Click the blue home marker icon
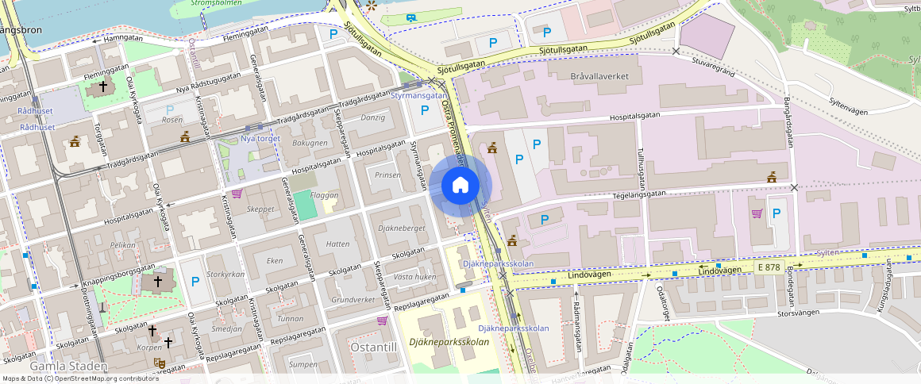point(460,186)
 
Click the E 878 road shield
point(769,268)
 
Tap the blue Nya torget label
point(260,139)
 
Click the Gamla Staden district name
point(67,367)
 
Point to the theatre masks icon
point(159,363)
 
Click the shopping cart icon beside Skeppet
point(236,194)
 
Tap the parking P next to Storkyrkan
point(195,282)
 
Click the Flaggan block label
point(325,195)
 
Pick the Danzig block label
point(372,117)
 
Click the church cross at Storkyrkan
point(157,281)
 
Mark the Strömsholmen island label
point(216,3)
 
